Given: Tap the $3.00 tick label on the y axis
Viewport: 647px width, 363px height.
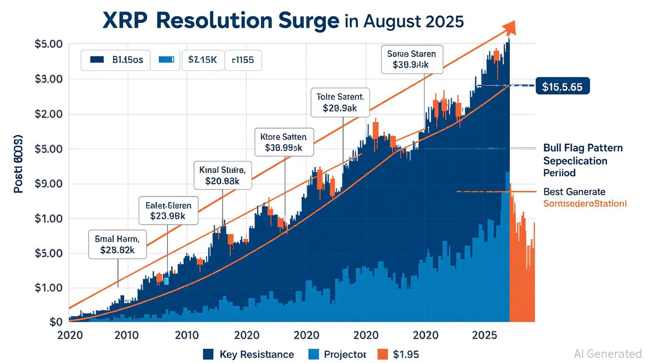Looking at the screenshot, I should pos(49,79).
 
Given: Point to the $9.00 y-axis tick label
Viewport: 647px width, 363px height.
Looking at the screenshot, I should pos(49,183).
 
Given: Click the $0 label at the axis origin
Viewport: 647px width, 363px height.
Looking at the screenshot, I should pos(56,322).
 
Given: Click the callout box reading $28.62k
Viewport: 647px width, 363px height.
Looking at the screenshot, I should pos(118,244).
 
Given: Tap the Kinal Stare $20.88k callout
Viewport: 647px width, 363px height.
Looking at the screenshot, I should pos(223,174).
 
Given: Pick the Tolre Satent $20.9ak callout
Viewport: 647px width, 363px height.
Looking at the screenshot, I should pos(340,102).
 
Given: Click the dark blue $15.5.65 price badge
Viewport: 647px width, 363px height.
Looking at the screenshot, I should pos(563,87).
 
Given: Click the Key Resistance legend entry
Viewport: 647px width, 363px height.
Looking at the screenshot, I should pos(248,354).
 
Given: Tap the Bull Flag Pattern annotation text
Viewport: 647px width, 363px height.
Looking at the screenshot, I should pos(583,148).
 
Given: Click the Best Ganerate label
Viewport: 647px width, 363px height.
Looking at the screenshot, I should pos(574,191).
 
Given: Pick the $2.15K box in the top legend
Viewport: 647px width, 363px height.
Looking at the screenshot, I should pos(202,60).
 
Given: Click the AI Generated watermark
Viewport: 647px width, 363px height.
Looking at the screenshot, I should pos(608,353).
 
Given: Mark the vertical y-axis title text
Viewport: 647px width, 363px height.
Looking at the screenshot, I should pos(18,165).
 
